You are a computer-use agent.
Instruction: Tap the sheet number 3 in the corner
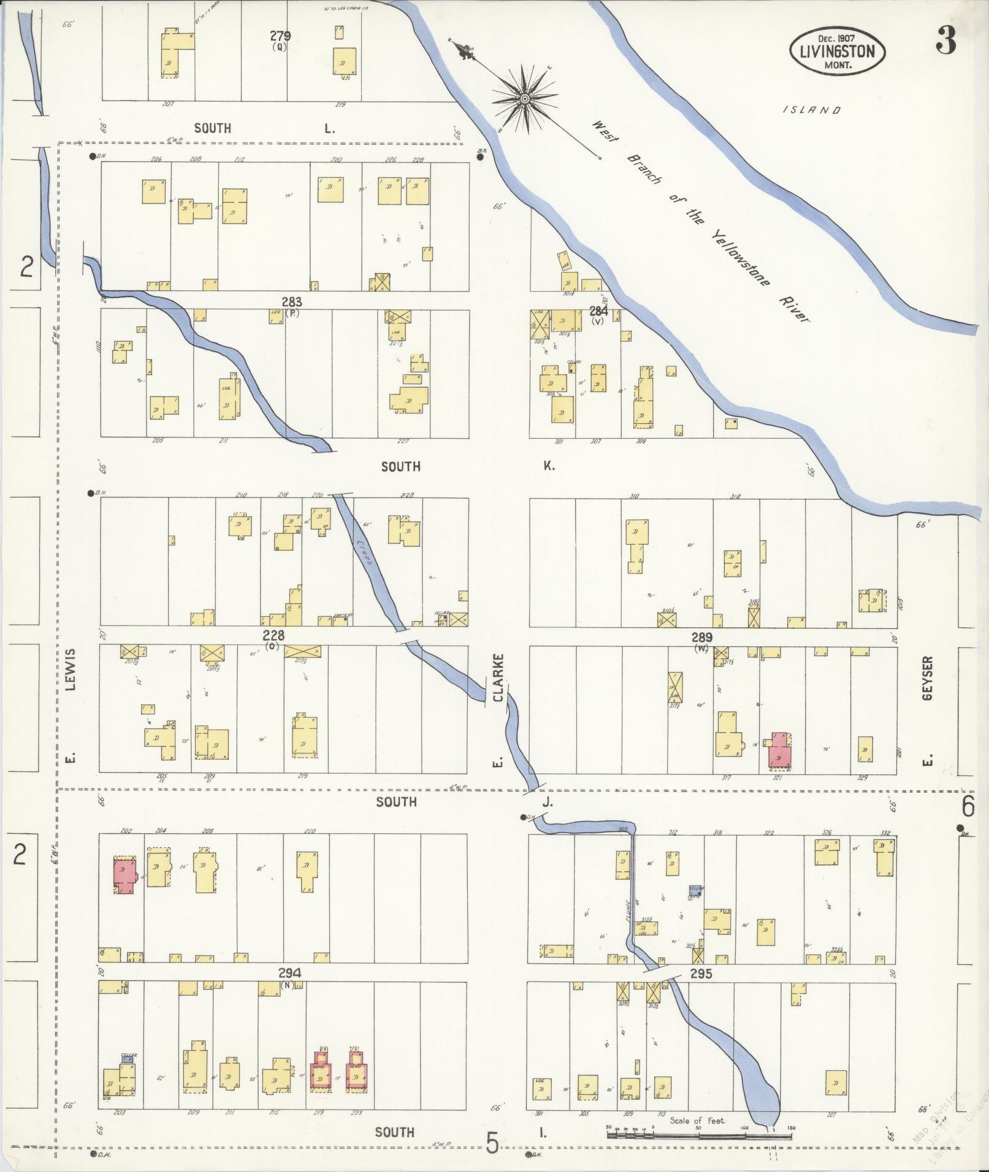click(945, 42)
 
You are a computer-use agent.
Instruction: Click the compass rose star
click(525, 98)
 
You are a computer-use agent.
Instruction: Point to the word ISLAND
click(812, 110)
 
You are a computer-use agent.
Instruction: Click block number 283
click(292, 301)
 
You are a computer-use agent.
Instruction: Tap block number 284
click(598, 310)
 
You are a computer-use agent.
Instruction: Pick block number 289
click(701, 637)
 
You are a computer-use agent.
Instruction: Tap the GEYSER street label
click(927, 679)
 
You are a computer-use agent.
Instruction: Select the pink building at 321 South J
click(779, 750)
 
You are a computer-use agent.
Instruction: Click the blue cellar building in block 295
click(695, 890)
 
